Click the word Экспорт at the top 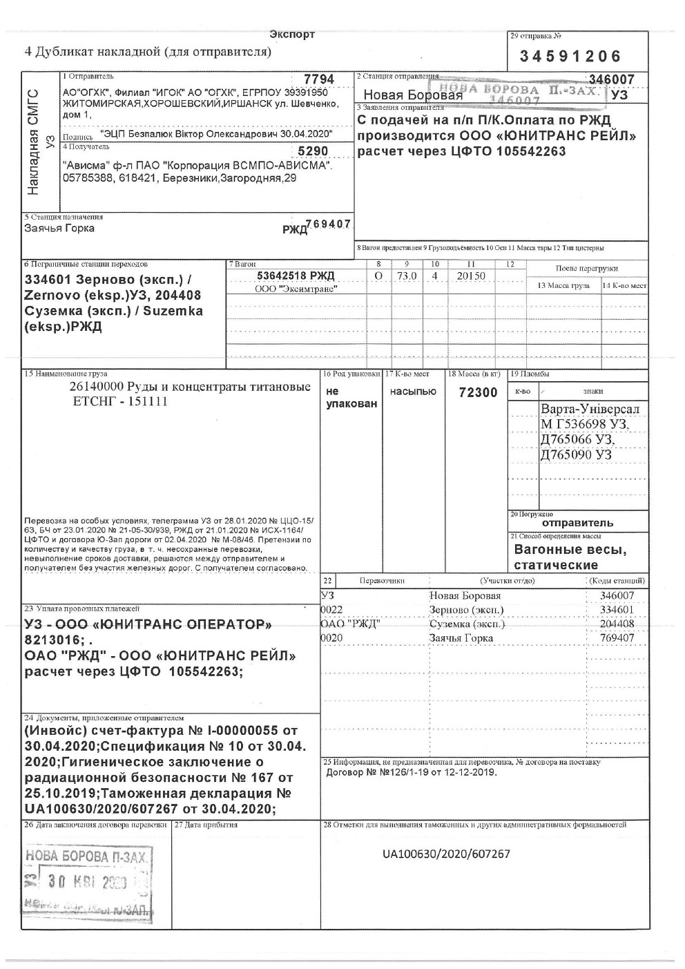(292, 35)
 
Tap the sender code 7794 (323, 80)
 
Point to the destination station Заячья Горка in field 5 (59, 228)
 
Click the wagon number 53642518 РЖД (295, 276)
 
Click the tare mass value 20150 (471, 276)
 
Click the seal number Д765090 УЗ (576, 455)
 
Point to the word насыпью (413, 392)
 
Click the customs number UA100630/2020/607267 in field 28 (446, 854)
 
